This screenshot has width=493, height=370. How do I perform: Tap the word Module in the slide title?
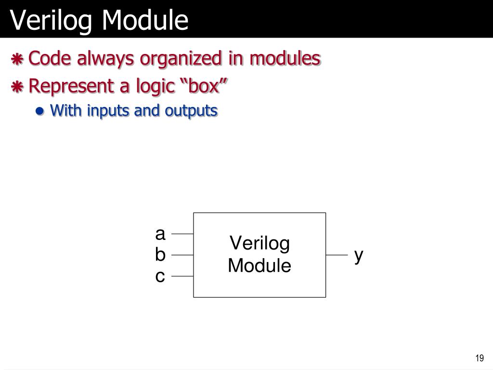click(x=144, y=20)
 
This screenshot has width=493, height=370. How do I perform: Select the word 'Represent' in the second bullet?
click(x=68, y=87)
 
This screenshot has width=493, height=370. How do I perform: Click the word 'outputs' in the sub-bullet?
click(x=191, y=111)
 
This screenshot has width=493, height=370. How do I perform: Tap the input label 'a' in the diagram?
click(x=160, y=234)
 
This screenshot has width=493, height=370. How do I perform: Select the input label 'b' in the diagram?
click(x=160, y=254)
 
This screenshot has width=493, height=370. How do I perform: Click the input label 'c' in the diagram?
click(x=160, y=277)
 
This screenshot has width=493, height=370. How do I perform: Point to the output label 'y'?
click(x=358, y=256)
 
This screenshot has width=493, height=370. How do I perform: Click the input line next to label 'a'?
click(x=182, y=234)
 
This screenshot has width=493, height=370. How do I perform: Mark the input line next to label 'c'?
click(x=182, y=277)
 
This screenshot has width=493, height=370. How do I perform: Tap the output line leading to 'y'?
click(x=336, y=255)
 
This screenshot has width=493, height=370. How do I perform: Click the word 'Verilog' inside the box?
click(x=259, y=243)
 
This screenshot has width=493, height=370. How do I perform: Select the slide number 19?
click(x=479, y=358)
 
